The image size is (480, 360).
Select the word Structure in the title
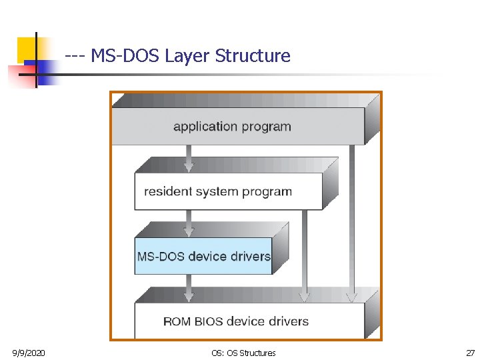(x=253, y=56)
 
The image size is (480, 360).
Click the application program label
(x=232, y=126)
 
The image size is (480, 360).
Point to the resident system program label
(x=218, y=191)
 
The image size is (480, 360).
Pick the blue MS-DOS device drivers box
(x=203, y=256)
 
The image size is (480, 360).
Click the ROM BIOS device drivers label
(x=236, y=321)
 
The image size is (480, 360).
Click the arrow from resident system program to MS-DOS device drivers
(x=189, y=223)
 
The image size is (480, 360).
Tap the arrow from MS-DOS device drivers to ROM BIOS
(x=189, y=288)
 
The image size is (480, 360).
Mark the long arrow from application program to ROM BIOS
(x=351, y=220)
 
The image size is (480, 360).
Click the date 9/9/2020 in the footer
(x=29, y=353)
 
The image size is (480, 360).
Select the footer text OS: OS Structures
(x=243, y=353)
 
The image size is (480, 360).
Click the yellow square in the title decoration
(x=27, y=48)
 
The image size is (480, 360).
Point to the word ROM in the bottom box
(x=177, y=321)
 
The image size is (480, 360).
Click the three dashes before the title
(x=75, y=56)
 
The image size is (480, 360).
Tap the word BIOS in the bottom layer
(x=210, y=321)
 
